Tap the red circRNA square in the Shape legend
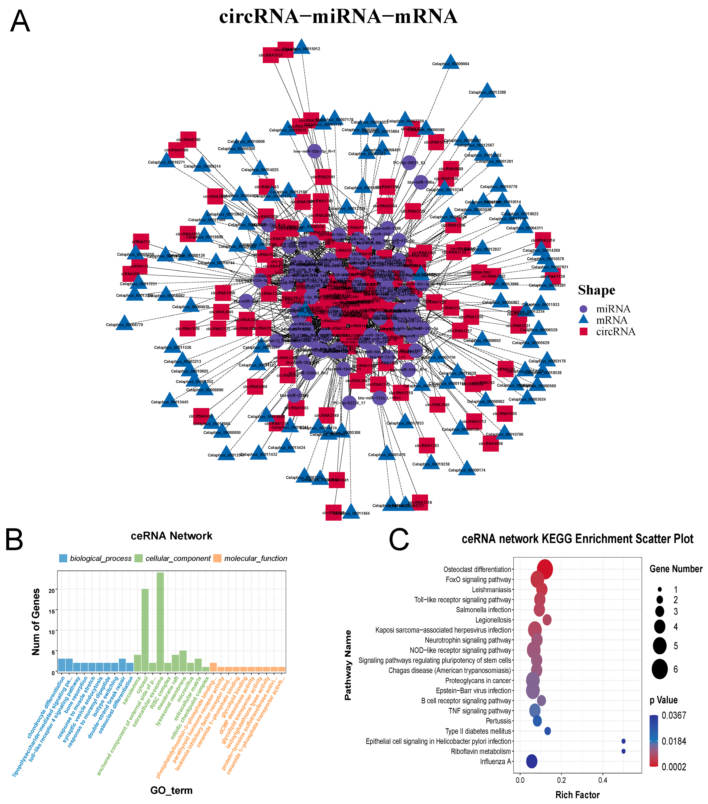tap(583, 332)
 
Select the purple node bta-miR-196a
tap(421, 182)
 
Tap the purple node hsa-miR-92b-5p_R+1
tap(315, 151)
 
